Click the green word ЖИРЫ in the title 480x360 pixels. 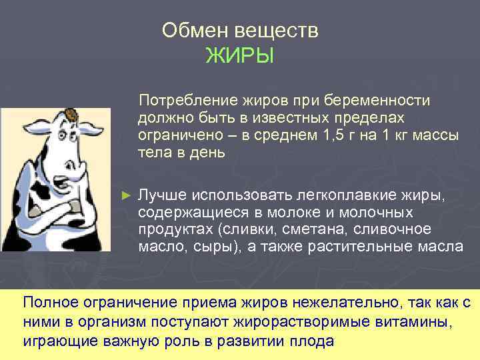[239, 55]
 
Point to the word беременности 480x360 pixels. [383, 100]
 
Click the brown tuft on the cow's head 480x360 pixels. [71, 115]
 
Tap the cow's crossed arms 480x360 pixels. [63, 217]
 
